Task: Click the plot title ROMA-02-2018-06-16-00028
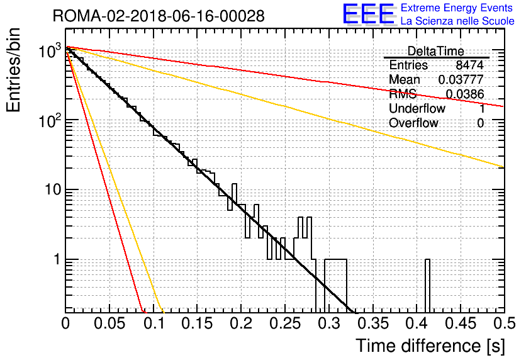click(x=159, y=16)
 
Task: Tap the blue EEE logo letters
click(x=368, y=14)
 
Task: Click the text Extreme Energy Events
click(x=457, y=8)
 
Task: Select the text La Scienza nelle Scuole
click(x=457, y=21)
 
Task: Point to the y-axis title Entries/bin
click(x=13, y=70)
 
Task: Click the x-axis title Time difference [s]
click(x=430, y=346)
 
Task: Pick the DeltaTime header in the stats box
click(x=435, y=51)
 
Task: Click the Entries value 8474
click(x=469, y=65)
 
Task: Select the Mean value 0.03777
click(x=461, y=79)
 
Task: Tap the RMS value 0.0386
click(x=465, y=94)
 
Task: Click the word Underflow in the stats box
click(x=417, y=108)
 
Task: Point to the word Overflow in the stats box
click(x=413, y=123)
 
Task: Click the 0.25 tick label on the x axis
click(x=285, y=323)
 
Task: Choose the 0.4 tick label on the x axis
click(x=417, y=323)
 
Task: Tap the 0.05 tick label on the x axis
click(x=109, y=323)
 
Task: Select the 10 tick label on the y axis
click(x=53, y=189)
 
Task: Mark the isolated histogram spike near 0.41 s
click(x=427, y=286)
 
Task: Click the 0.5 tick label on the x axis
click(x=505, y=323)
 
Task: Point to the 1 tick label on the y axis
click(x=57, y=259)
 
